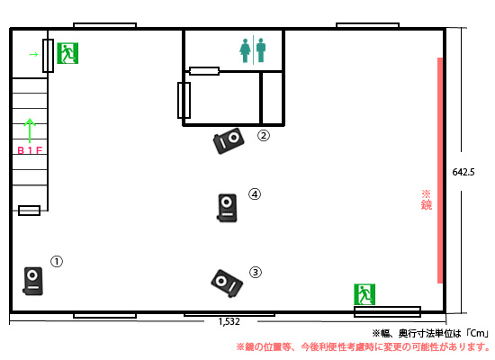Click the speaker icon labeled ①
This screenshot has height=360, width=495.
tap(32, 281)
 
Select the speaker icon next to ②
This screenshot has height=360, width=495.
tap(229, 140)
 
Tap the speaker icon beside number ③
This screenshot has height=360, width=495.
tap(227, 283)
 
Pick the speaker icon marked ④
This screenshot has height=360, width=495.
tap(227, 208)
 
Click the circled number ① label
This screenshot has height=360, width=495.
tap(57, 262)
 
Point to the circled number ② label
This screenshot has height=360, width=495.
tap(264, 136)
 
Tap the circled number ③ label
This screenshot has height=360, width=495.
tap(256, 272)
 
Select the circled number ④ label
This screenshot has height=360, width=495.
tap(255, 193)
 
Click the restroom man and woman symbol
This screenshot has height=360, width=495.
tap(253, 50)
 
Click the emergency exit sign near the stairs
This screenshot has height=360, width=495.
tap(67, 53)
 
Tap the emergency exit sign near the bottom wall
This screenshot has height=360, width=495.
tap(364, 294)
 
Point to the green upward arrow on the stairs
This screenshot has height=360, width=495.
tap(30, 130)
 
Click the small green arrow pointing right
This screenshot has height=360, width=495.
tap(33, 54)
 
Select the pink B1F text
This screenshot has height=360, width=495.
tap(30, 150)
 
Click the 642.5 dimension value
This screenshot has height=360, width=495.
tap(463, 172)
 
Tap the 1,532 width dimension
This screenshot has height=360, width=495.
tap(229, 321)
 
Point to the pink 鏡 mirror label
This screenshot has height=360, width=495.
tap(427, 205)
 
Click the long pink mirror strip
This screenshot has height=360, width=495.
tap(440, 170)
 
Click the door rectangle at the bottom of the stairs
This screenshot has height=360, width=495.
tap(29, 211)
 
